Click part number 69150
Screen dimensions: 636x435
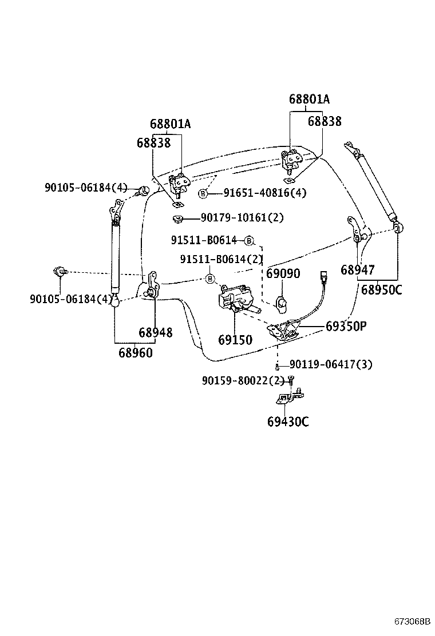(235, 340)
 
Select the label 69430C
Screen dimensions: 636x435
(287, 422)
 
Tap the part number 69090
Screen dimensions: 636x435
(283, 274)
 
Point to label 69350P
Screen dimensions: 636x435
(346, 327)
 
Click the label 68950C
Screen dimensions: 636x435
(381, 290)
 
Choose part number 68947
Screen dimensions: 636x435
(358, 270)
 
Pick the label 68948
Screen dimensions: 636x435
(155, 332)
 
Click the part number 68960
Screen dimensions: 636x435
(136, 353)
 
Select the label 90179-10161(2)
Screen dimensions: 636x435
(242, 218)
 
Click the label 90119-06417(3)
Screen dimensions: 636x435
(331, 364)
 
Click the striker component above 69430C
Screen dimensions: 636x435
(289, 397)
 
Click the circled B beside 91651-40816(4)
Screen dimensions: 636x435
(203, 194)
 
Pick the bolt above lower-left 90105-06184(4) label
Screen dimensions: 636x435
(59, 271)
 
